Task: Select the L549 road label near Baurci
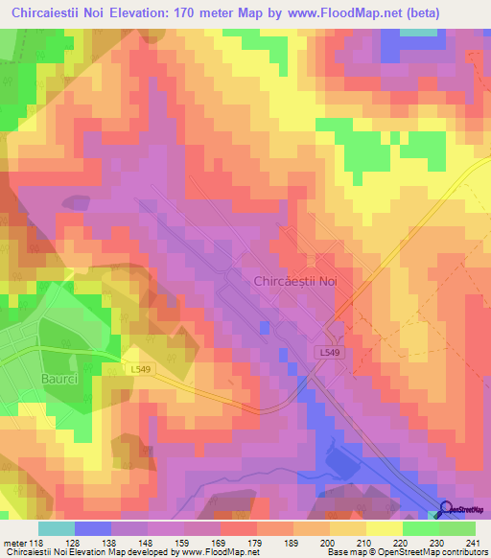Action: pyautogui.click(x=140, y=367)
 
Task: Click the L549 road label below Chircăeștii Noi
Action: pyautogui.click(x=329, y=353)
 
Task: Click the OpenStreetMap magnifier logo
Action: pyautogui.click(x=447, y=510)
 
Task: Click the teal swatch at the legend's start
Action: pyautogui.click(x=57, y=529)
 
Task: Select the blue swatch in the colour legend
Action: pyautogui.click(x=93, y=529)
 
